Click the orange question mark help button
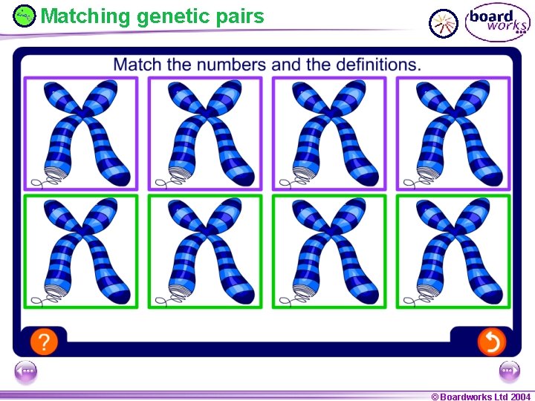(45, 342)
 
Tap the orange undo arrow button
(491, 342)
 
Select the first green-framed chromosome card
(81, 251)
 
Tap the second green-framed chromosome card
(205, 251)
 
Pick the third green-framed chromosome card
(329, 251)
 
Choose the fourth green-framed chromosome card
(453, 251)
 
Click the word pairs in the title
(239, 16)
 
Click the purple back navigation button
(25, 371)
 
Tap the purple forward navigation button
(510, 371)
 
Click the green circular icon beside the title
(25, 15)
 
